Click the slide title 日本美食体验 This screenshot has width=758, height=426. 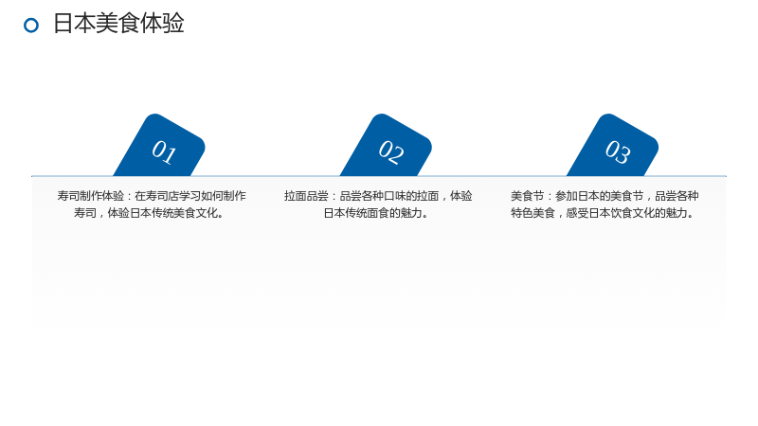[x=118, y=23]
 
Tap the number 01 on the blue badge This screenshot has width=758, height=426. [x=164, y=152]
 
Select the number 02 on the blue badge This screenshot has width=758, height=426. [x=390, y=152]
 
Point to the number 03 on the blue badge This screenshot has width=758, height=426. [x=618, y=152]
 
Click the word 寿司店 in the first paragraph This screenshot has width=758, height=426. [x=162, y=196]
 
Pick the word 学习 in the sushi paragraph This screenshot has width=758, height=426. [x=189, y=196]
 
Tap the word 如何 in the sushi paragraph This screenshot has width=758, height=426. [x=211, y=196]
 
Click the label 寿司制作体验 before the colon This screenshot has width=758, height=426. [x=90, y=196]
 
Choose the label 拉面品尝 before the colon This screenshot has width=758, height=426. [x=306, y=196]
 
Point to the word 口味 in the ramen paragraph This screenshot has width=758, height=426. [x=394, y=196]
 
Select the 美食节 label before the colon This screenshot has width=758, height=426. [x=528, y=196]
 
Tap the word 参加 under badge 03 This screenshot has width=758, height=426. [x=566, y=196]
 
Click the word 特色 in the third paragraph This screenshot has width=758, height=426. [x=522, y=213]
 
